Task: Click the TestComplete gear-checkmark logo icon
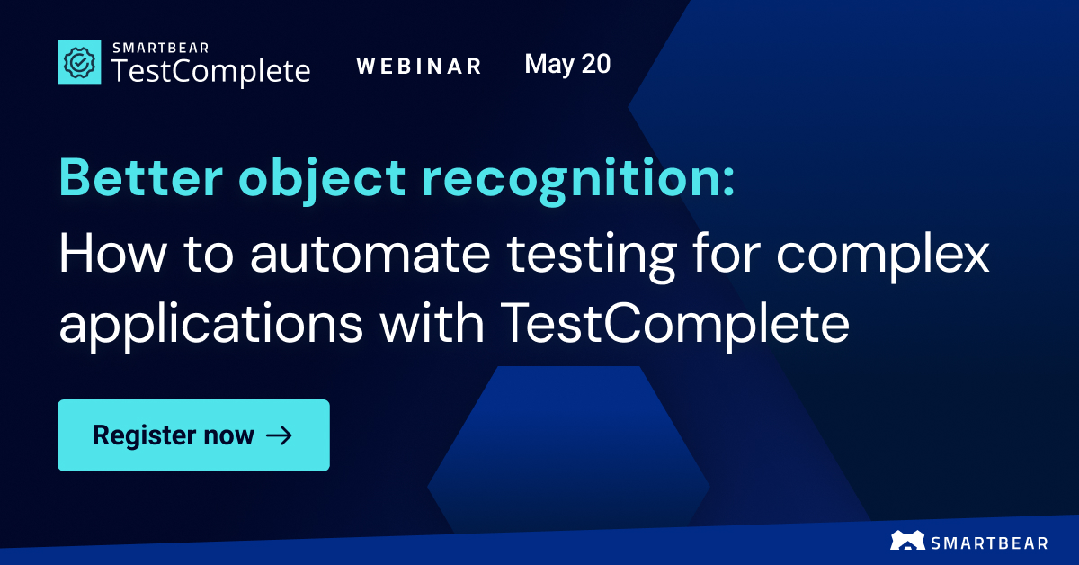[x=80, y=62]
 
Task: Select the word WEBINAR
[x=419, y=67]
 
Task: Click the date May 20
[x=567, y=64]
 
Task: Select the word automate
[x=368, y=256]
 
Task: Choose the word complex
[x=883, y=257]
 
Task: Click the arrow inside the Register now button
[x=280, y=436]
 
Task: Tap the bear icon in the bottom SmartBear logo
[x=907, y=541]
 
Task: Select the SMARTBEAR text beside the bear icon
[x=991, y=542]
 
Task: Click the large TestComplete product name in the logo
[x=210, y=71]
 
